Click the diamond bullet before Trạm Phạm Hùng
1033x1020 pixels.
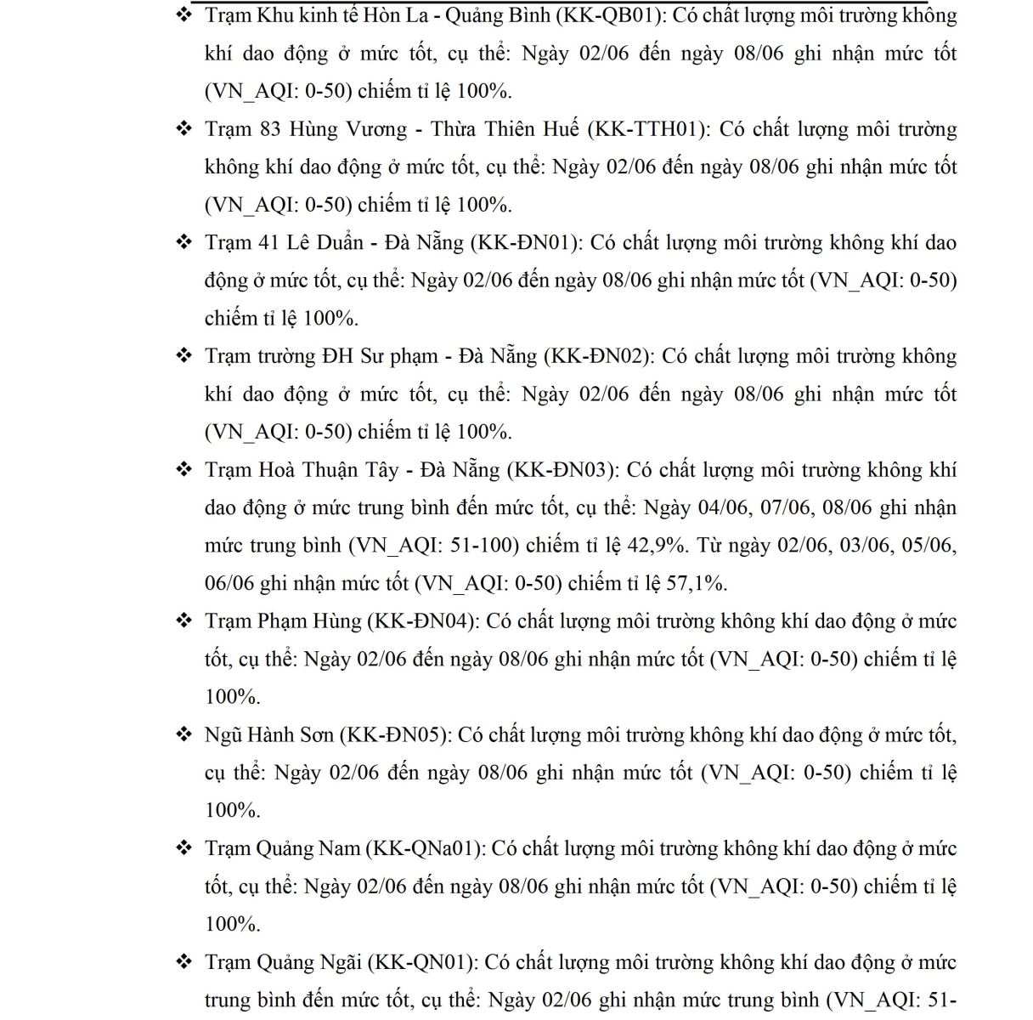pos(184,621)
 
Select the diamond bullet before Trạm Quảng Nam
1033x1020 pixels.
pos(184,848)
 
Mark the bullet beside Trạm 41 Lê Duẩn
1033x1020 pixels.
pos(184,243)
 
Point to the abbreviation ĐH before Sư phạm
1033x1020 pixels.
pos(338,356)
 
